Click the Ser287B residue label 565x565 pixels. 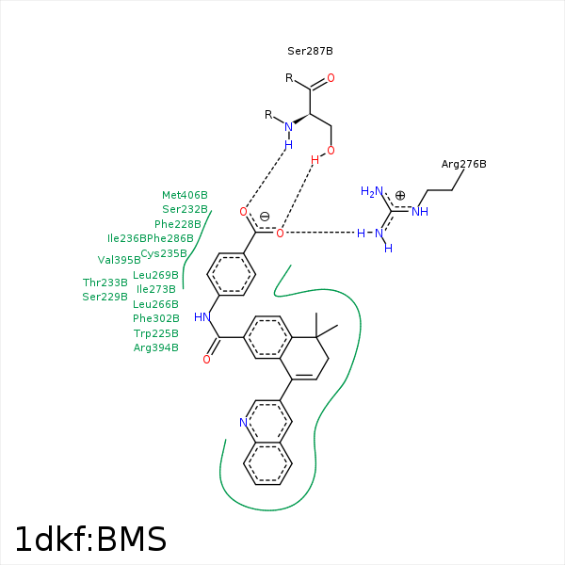310,51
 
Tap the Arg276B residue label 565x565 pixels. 463,164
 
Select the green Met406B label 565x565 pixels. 185,195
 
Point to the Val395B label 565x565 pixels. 119,260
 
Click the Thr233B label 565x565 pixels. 105,282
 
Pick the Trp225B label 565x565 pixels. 156,333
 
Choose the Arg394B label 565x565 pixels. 156,347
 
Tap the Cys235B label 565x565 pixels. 164,253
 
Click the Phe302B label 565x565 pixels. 156,318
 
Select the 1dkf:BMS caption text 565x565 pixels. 90,539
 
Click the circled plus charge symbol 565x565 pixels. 400,195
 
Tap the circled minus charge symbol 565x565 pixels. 265,217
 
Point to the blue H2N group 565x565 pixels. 372,191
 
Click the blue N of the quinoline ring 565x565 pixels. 244,422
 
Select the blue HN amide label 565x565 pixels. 202,317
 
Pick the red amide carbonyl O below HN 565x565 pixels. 206,360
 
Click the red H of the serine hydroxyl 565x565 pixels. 315,160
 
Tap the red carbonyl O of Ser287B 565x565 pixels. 331,78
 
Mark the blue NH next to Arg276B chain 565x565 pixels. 420,212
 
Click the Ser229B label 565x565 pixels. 105,297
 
